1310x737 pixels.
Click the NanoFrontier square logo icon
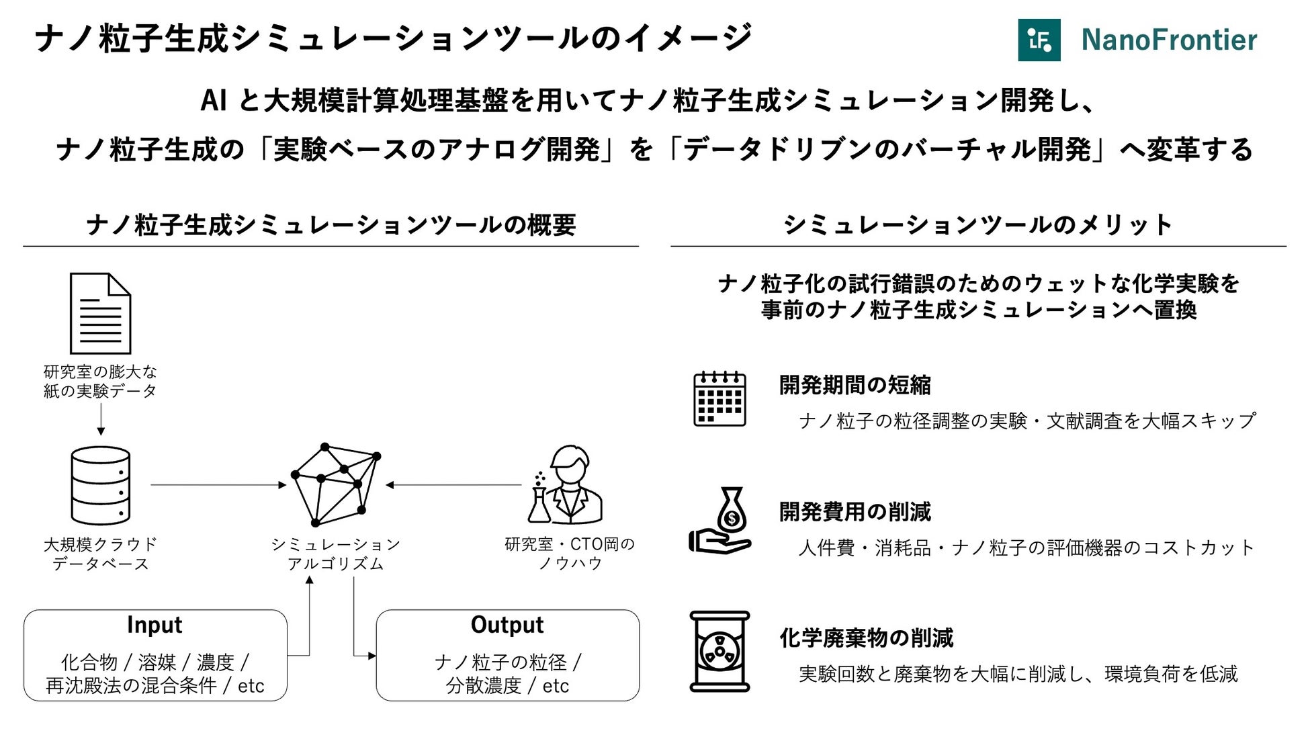coord(1039,40)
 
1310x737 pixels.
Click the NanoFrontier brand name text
coord(1169,40)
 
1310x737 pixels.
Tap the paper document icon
coord(100,313)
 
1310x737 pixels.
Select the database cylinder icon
coord(100,485)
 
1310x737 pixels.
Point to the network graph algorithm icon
coord(335,484)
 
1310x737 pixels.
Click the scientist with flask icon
coord(566,484)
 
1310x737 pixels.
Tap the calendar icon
coord(719,399)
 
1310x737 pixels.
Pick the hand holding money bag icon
coord(720,521)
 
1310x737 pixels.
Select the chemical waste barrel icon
coord(719,651)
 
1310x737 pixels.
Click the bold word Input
coord(155,625)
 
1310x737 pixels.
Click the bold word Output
coord(507,625)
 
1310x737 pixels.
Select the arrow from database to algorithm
coord(218,484)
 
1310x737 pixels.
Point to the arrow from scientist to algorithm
coord(453,484)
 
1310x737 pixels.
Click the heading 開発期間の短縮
coord(855,385)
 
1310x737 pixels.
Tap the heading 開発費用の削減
coord(855,512)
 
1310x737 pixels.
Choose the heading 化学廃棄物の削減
coord(866,638)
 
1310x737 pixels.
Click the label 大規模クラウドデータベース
coord(100,554)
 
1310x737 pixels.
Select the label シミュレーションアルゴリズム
coord(335,554)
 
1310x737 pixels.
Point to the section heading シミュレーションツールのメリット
coord(977,224)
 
